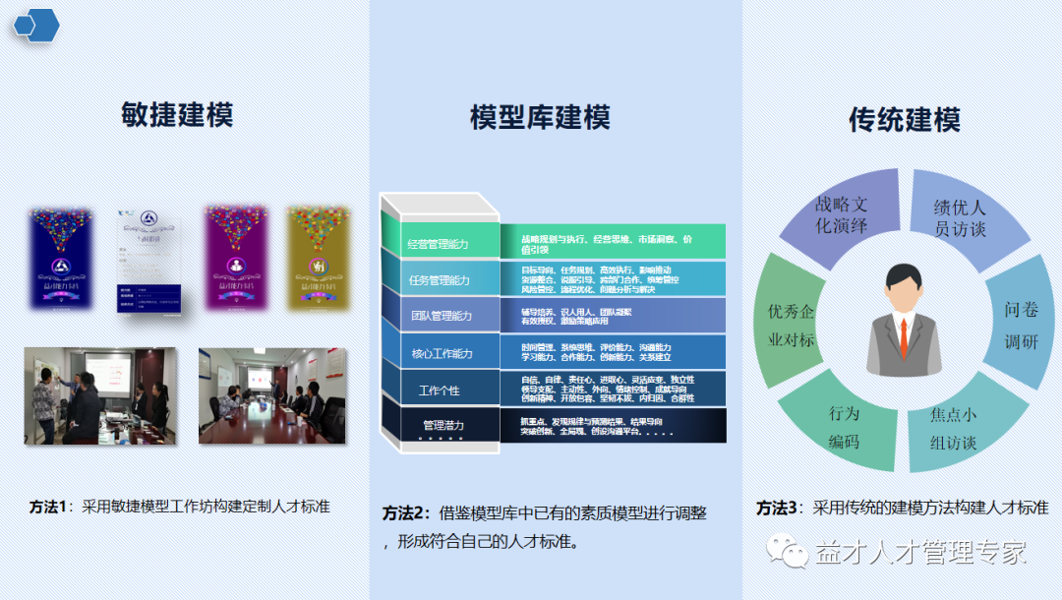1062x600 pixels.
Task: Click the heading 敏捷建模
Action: [x=177, y=115]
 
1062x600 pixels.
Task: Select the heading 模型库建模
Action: [x=540, y=118]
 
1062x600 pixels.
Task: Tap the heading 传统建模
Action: [x=904, y=120]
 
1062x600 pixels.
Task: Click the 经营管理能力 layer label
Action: [x=439, y=244]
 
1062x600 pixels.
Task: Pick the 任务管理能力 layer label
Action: [x=439, y=280]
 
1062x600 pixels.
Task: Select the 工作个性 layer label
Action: [x=439, y=390]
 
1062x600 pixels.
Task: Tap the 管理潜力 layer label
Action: [x=443, y=426]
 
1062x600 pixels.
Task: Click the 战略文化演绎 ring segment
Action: [x=841, y=214]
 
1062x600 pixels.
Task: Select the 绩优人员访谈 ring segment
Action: [x=959, y=218]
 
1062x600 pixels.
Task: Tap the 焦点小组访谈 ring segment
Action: [x=953, y=429]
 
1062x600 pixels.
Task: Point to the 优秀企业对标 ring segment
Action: [x=791, y=325]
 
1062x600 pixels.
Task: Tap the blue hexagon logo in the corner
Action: [x=36, y=24]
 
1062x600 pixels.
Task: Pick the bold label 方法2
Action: [x=406, y=513]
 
